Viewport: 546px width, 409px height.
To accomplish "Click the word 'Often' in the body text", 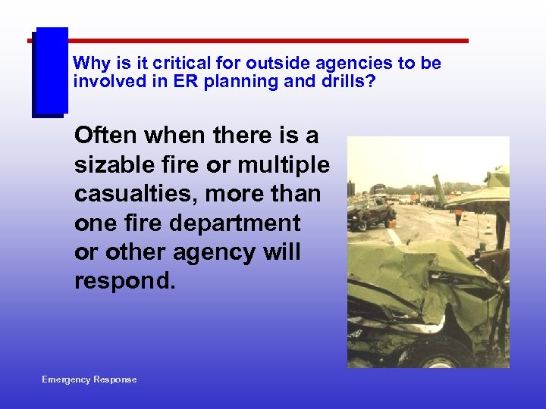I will [107, 136].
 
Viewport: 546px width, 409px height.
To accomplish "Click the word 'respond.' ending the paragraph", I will [125, 281].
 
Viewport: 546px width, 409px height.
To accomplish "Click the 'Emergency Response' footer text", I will [89, 379].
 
